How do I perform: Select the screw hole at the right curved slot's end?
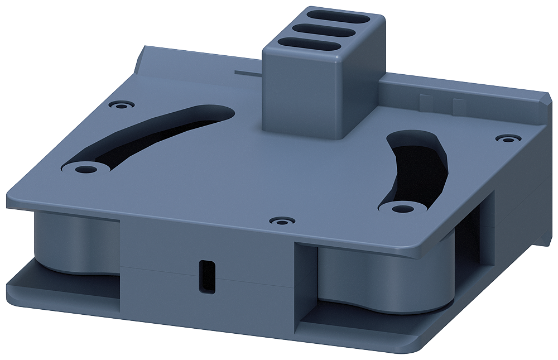(x=398, y=208)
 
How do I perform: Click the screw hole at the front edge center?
(x=281, y=221)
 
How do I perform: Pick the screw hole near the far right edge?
(x=506, y=138)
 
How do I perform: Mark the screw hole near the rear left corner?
(x=122, y=104)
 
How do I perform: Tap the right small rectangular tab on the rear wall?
(x=458, y=105)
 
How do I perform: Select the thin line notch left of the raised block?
(x=248, y=73)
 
